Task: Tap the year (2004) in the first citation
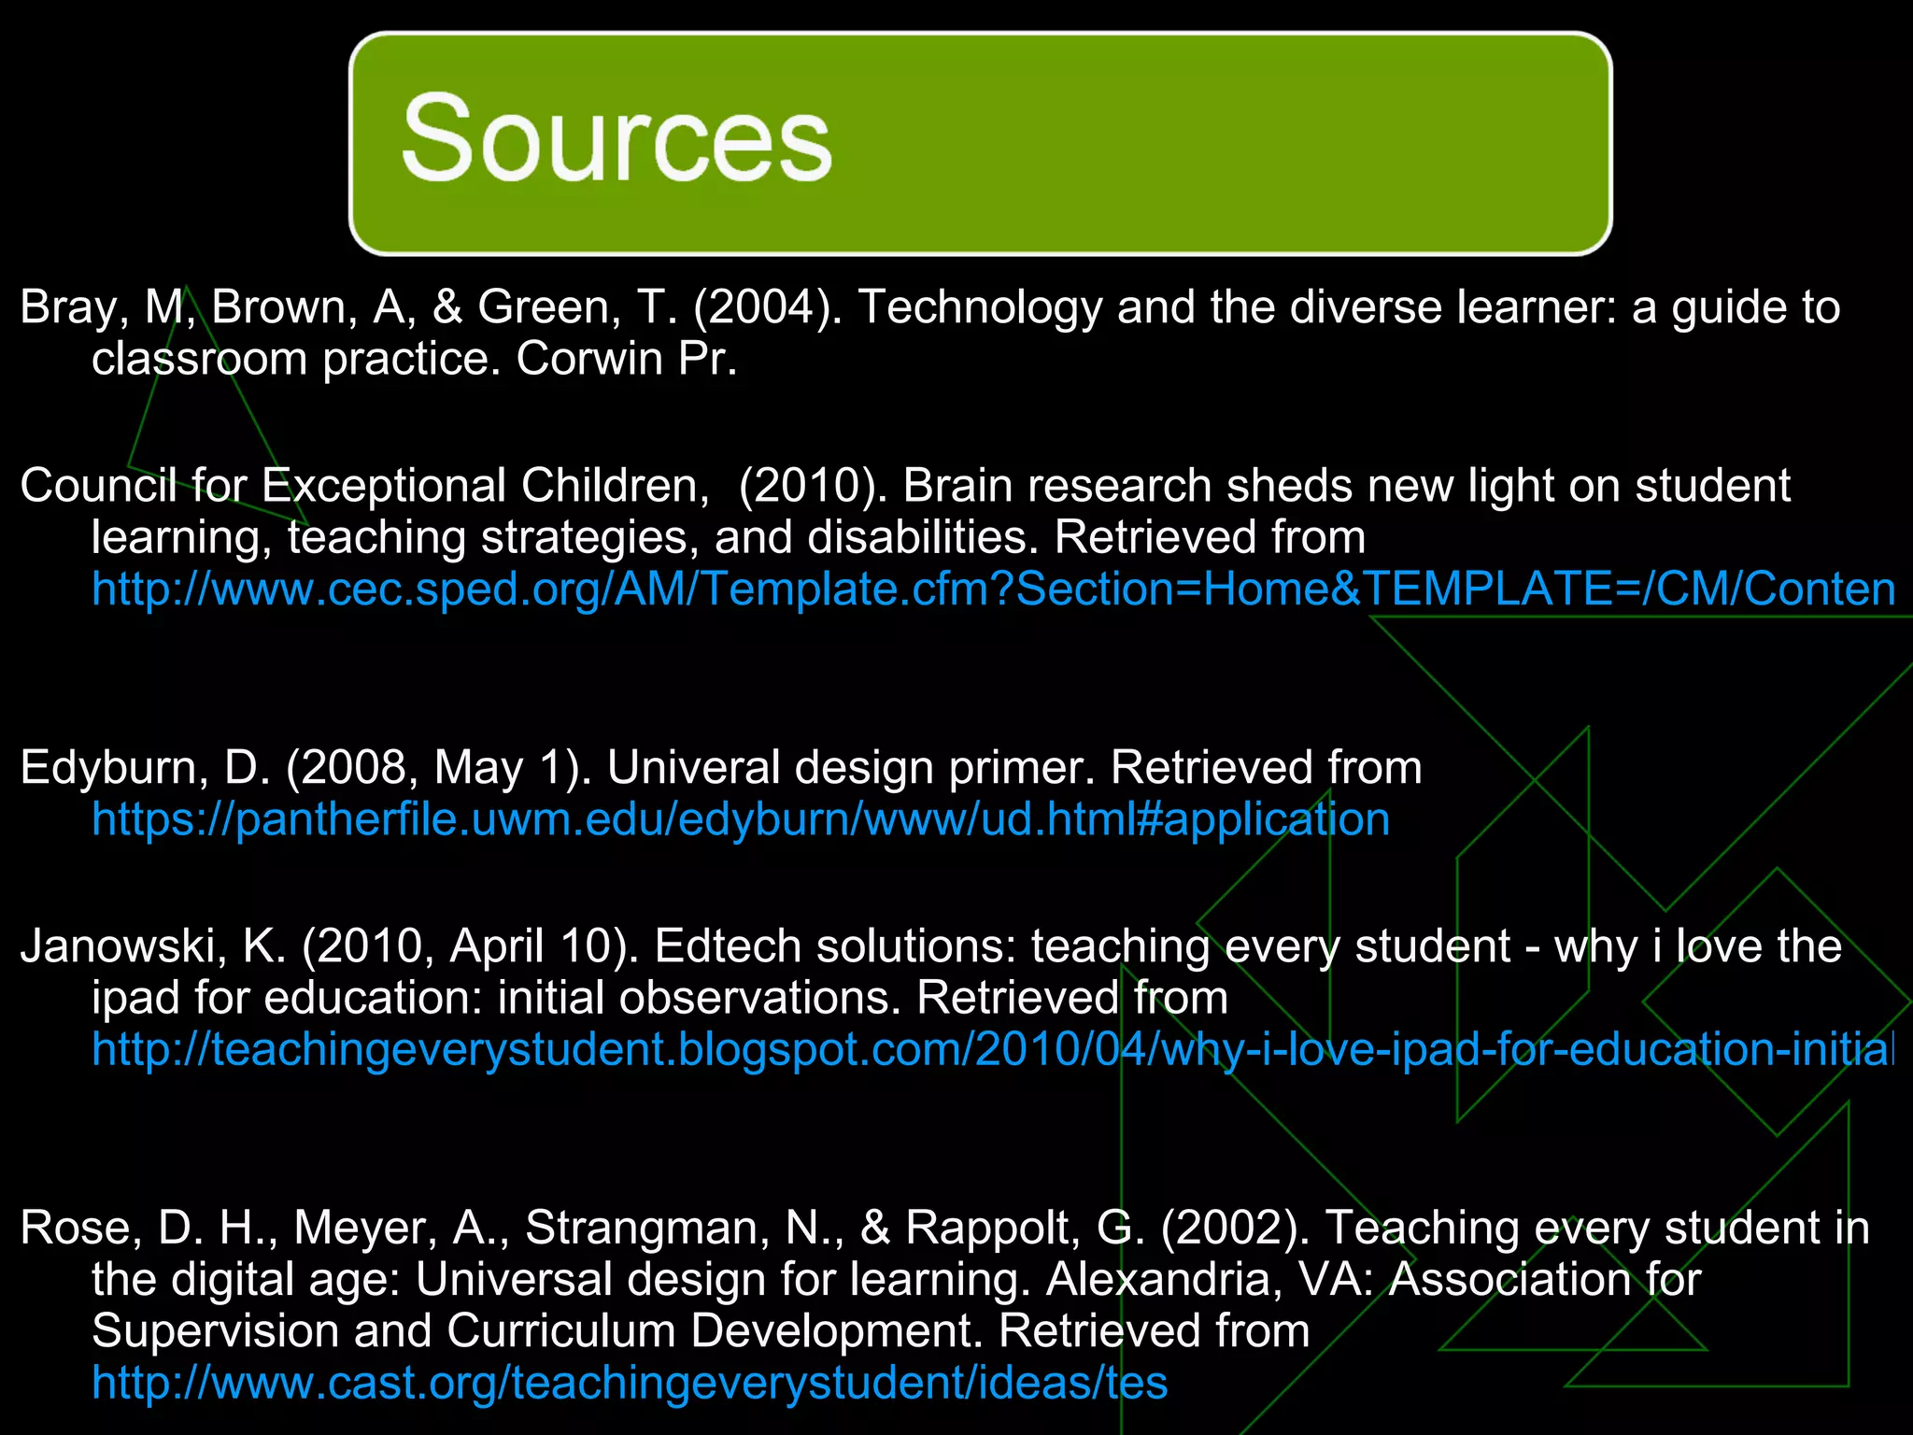point(767,308)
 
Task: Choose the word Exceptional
point(383,487)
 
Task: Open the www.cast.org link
point(630,1384)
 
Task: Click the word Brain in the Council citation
point(957,487)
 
